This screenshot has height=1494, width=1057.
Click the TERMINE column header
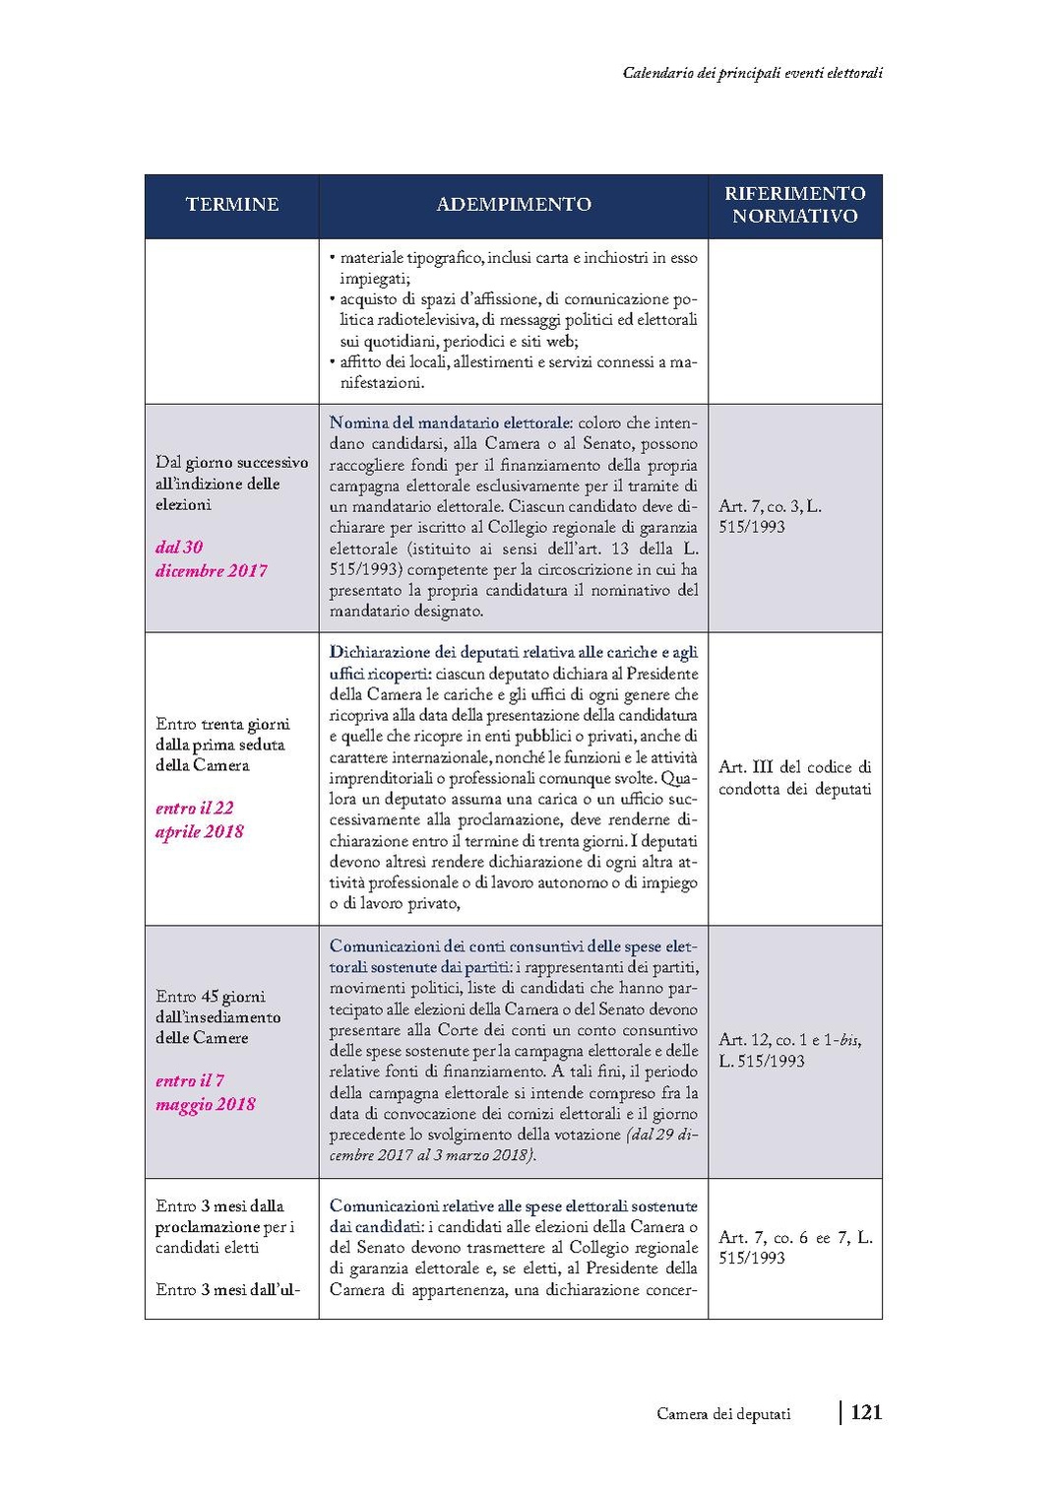coord(232,205)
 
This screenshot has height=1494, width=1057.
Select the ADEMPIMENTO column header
coord(514,205)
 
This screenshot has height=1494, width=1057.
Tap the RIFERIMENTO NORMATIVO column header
coord(795,205)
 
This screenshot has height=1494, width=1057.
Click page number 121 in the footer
coord(866,1412)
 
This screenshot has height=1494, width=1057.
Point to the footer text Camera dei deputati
coord(723,1414)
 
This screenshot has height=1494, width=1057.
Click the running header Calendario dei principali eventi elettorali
coord(753,73)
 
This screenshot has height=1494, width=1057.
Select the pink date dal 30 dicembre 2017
coord(211,558)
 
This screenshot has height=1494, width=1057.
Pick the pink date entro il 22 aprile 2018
coord(199,819)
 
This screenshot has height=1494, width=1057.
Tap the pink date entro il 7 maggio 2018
coord(205,1092)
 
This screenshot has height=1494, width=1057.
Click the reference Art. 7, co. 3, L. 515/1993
coord(770,516)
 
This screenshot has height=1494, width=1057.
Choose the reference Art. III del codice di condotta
coord(794,777)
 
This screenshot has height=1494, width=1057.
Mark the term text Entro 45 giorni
coord(211,997)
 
